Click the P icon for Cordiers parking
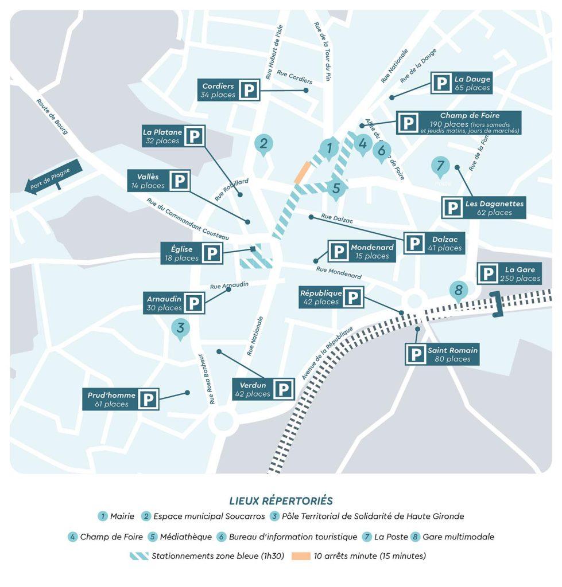(x=249, y=90)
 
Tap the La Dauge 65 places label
(x=472, y=83)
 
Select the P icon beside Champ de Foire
(x=408, y=123)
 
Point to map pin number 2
(x=263, y=144)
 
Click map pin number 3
(x=180, y=328)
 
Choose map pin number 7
(x=440, y=166)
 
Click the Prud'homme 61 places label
(x=111, y=400)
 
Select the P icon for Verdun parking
(x=283, y=389)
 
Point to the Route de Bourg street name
(x=52, y=116)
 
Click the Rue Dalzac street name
(x=338, y=218)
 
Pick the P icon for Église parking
(x=212, y=253)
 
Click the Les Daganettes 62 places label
(x=494, y=208)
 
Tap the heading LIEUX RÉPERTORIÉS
(x=281, y=501)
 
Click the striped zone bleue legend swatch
(x=139, y=556)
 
